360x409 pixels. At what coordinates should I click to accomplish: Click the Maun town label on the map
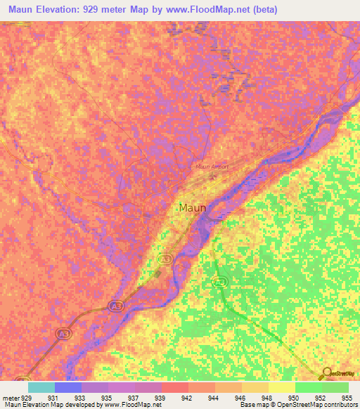[x=192, y=208]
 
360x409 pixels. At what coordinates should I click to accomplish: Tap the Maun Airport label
[x=212, y=167]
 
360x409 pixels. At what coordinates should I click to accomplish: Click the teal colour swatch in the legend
[x=41, y=387]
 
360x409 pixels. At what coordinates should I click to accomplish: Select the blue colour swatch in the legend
[x=68, y=387]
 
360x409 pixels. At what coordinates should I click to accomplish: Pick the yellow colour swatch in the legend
[x=282, y=387]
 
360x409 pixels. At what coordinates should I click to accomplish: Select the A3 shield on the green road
[x=219, y=282]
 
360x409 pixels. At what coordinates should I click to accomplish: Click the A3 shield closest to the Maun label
[x=165, y=259]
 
